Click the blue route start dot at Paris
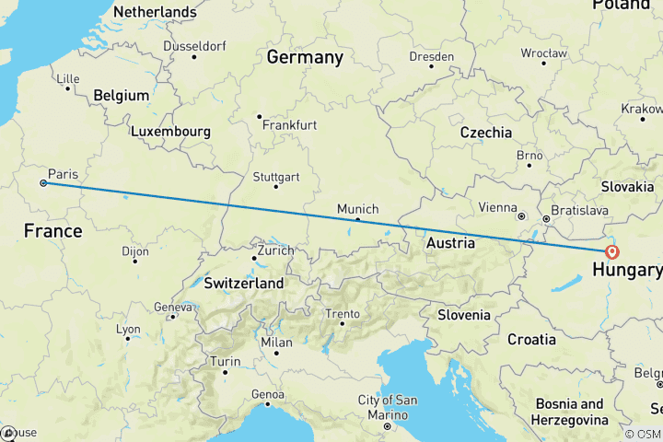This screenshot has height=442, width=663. (43, 183)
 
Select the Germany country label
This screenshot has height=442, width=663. (305, 57)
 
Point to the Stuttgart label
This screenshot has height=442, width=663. (277, 176)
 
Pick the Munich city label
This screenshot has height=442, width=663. (357, 209)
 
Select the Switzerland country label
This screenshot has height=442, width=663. (243, 284)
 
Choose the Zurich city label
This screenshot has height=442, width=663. (275, 250)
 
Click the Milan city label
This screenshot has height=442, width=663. (276, 343)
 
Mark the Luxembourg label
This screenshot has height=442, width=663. (170, 132)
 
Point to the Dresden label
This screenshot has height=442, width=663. (433, 56)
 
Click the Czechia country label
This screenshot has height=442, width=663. (485, 133)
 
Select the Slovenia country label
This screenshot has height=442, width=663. (463, 315)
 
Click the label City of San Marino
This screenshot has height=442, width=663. (388, 406)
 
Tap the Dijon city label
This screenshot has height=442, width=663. (135, 250)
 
